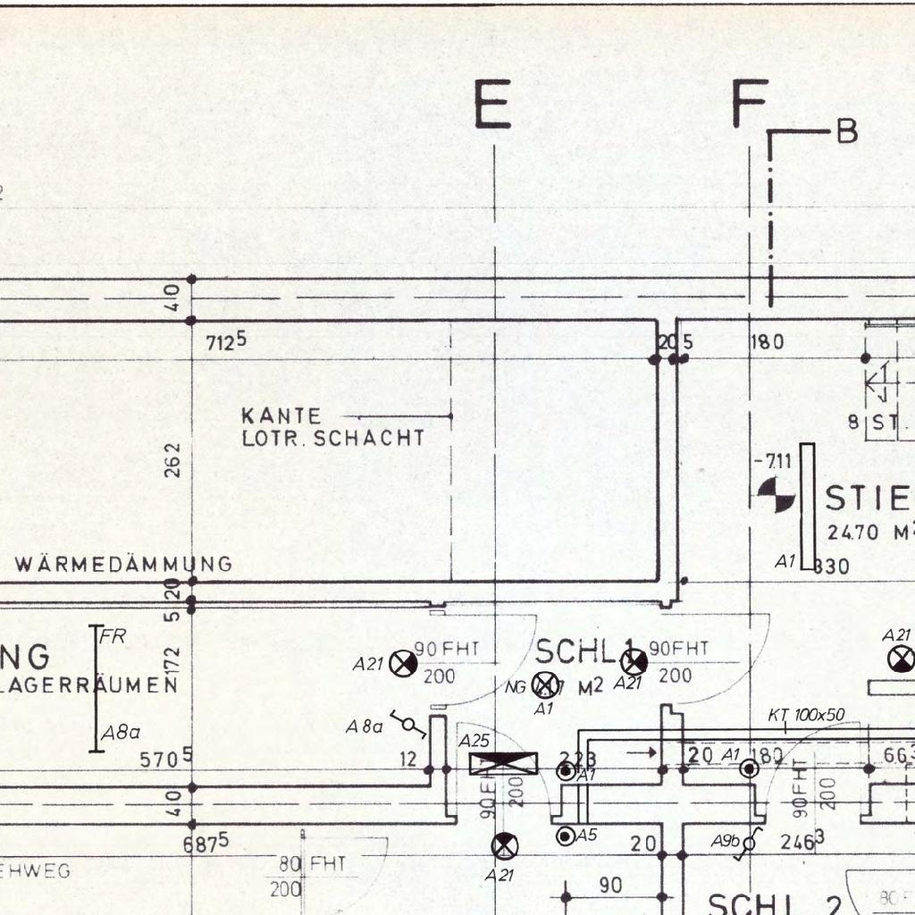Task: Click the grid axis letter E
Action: (x=492, y=105)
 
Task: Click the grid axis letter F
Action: (x=750, y=104)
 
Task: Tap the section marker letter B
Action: (x=846, y=132)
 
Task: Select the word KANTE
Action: (x=281, y=416)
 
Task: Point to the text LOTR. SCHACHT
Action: (x=332, y=439)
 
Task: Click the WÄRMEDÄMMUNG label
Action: (x=123, y=564)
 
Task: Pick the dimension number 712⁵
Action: (x=226, y=342)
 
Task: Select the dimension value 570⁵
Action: (x=167, y=760)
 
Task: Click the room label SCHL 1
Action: (x=584, y=652)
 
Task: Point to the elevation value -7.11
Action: (x=773, y=462)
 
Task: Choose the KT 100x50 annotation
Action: (x=807, y=716)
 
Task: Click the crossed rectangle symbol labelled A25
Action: (x=504, y=763)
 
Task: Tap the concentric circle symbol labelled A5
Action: (x=565, y=836)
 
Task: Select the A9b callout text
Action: (x=725, y=841)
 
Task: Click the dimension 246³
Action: (x=801, y=841)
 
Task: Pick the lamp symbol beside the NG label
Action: (x=542, y=684)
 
